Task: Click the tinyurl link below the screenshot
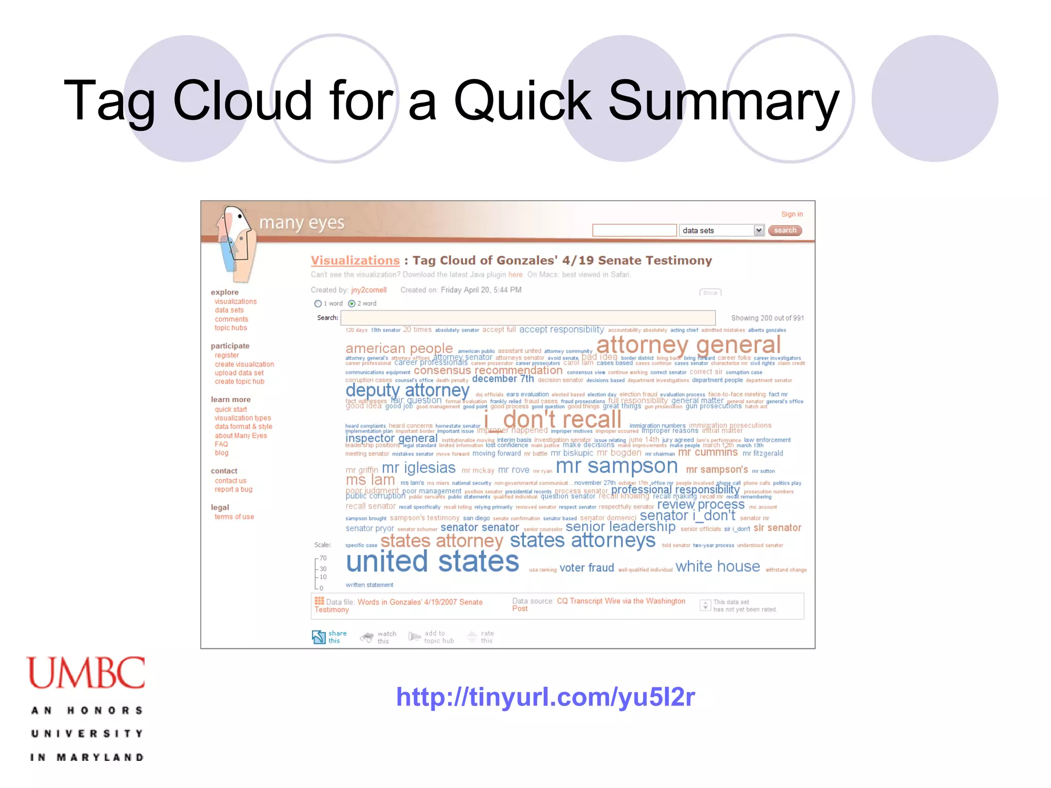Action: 545,697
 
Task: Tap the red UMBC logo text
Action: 86,673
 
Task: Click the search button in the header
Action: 785,230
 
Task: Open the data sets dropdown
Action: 758,230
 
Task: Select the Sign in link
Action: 791,214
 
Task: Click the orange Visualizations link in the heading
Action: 355,261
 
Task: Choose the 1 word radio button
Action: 318,304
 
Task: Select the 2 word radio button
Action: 352,304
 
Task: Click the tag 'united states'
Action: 432,562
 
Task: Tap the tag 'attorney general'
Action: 688,345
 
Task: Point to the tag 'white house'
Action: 717,566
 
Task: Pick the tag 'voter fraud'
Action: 587,568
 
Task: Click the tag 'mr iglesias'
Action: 418,468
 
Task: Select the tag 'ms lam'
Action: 370,481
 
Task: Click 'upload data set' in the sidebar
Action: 239,373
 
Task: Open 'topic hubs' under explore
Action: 231,328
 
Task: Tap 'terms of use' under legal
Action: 234,517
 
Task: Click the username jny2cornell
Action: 368,290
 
